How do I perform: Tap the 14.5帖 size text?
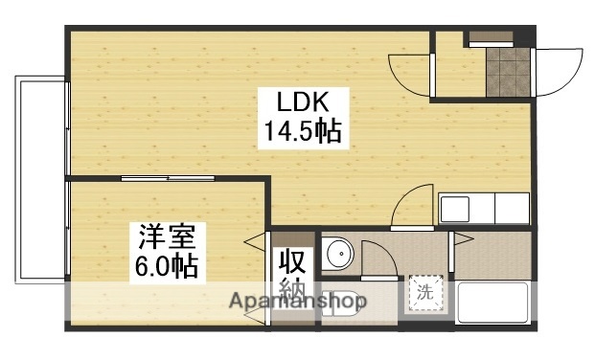point(298,131)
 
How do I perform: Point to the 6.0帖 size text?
point(165,264)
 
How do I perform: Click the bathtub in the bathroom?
point(492,303)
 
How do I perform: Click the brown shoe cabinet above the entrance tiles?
point(491,39)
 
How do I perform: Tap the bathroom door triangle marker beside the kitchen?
point(462,238)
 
